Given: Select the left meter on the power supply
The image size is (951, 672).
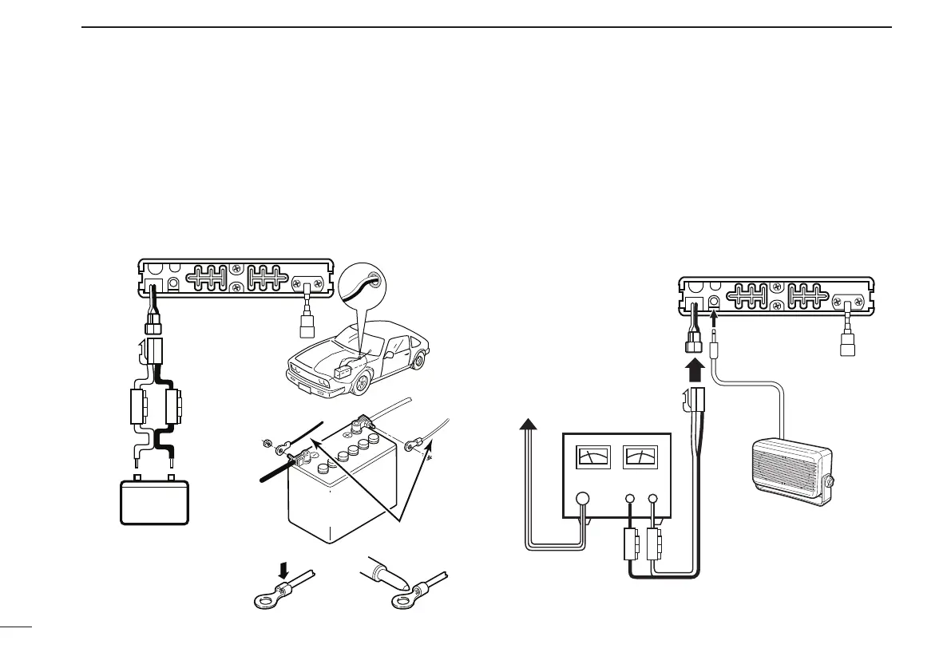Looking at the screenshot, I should tap(593, 457).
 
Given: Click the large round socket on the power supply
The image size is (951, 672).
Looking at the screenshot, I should tap(583, 499).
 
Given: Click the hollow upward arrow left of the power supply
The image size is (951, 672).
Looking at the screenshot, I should tap(527, 427).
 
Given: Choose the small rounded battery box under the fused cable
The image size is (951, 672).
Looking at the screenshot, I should tap(154, 502).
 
